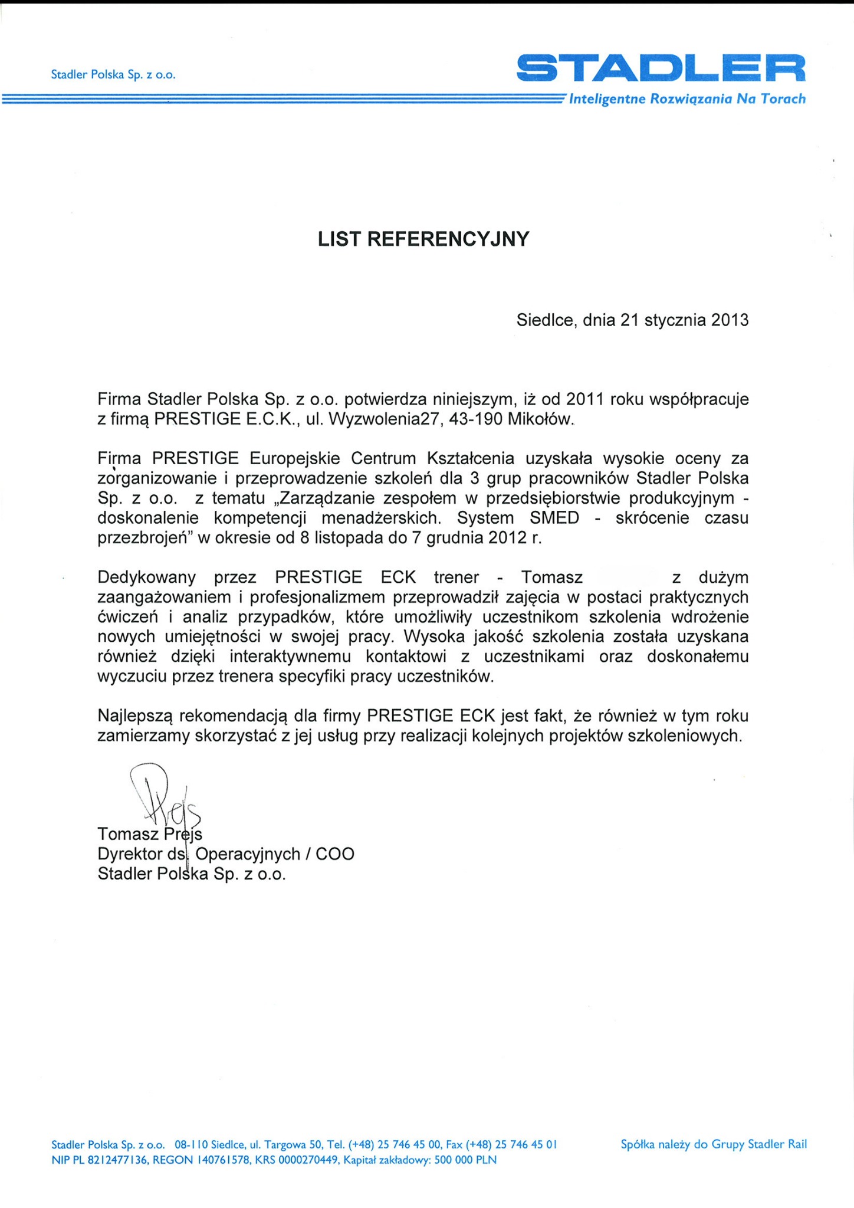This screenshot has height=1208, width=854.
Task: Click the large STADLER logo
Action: [661, 68]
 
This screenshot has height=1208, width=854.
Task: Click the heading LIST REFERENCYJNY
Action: [423, 239]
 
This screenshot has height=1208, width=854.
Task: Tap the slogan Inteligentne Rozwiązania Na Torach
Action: [687, 99]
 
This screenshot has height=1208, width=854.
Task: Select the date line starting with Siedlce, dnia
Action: [632, 320]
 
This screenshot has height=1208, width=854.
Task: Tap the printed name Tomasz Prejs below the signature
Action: [150, 834]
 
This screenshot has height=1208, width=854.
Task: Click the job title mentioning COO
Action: [226, 854]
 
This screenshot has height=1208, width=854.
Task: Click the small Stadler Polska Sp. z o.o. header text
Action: [113, 75]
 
